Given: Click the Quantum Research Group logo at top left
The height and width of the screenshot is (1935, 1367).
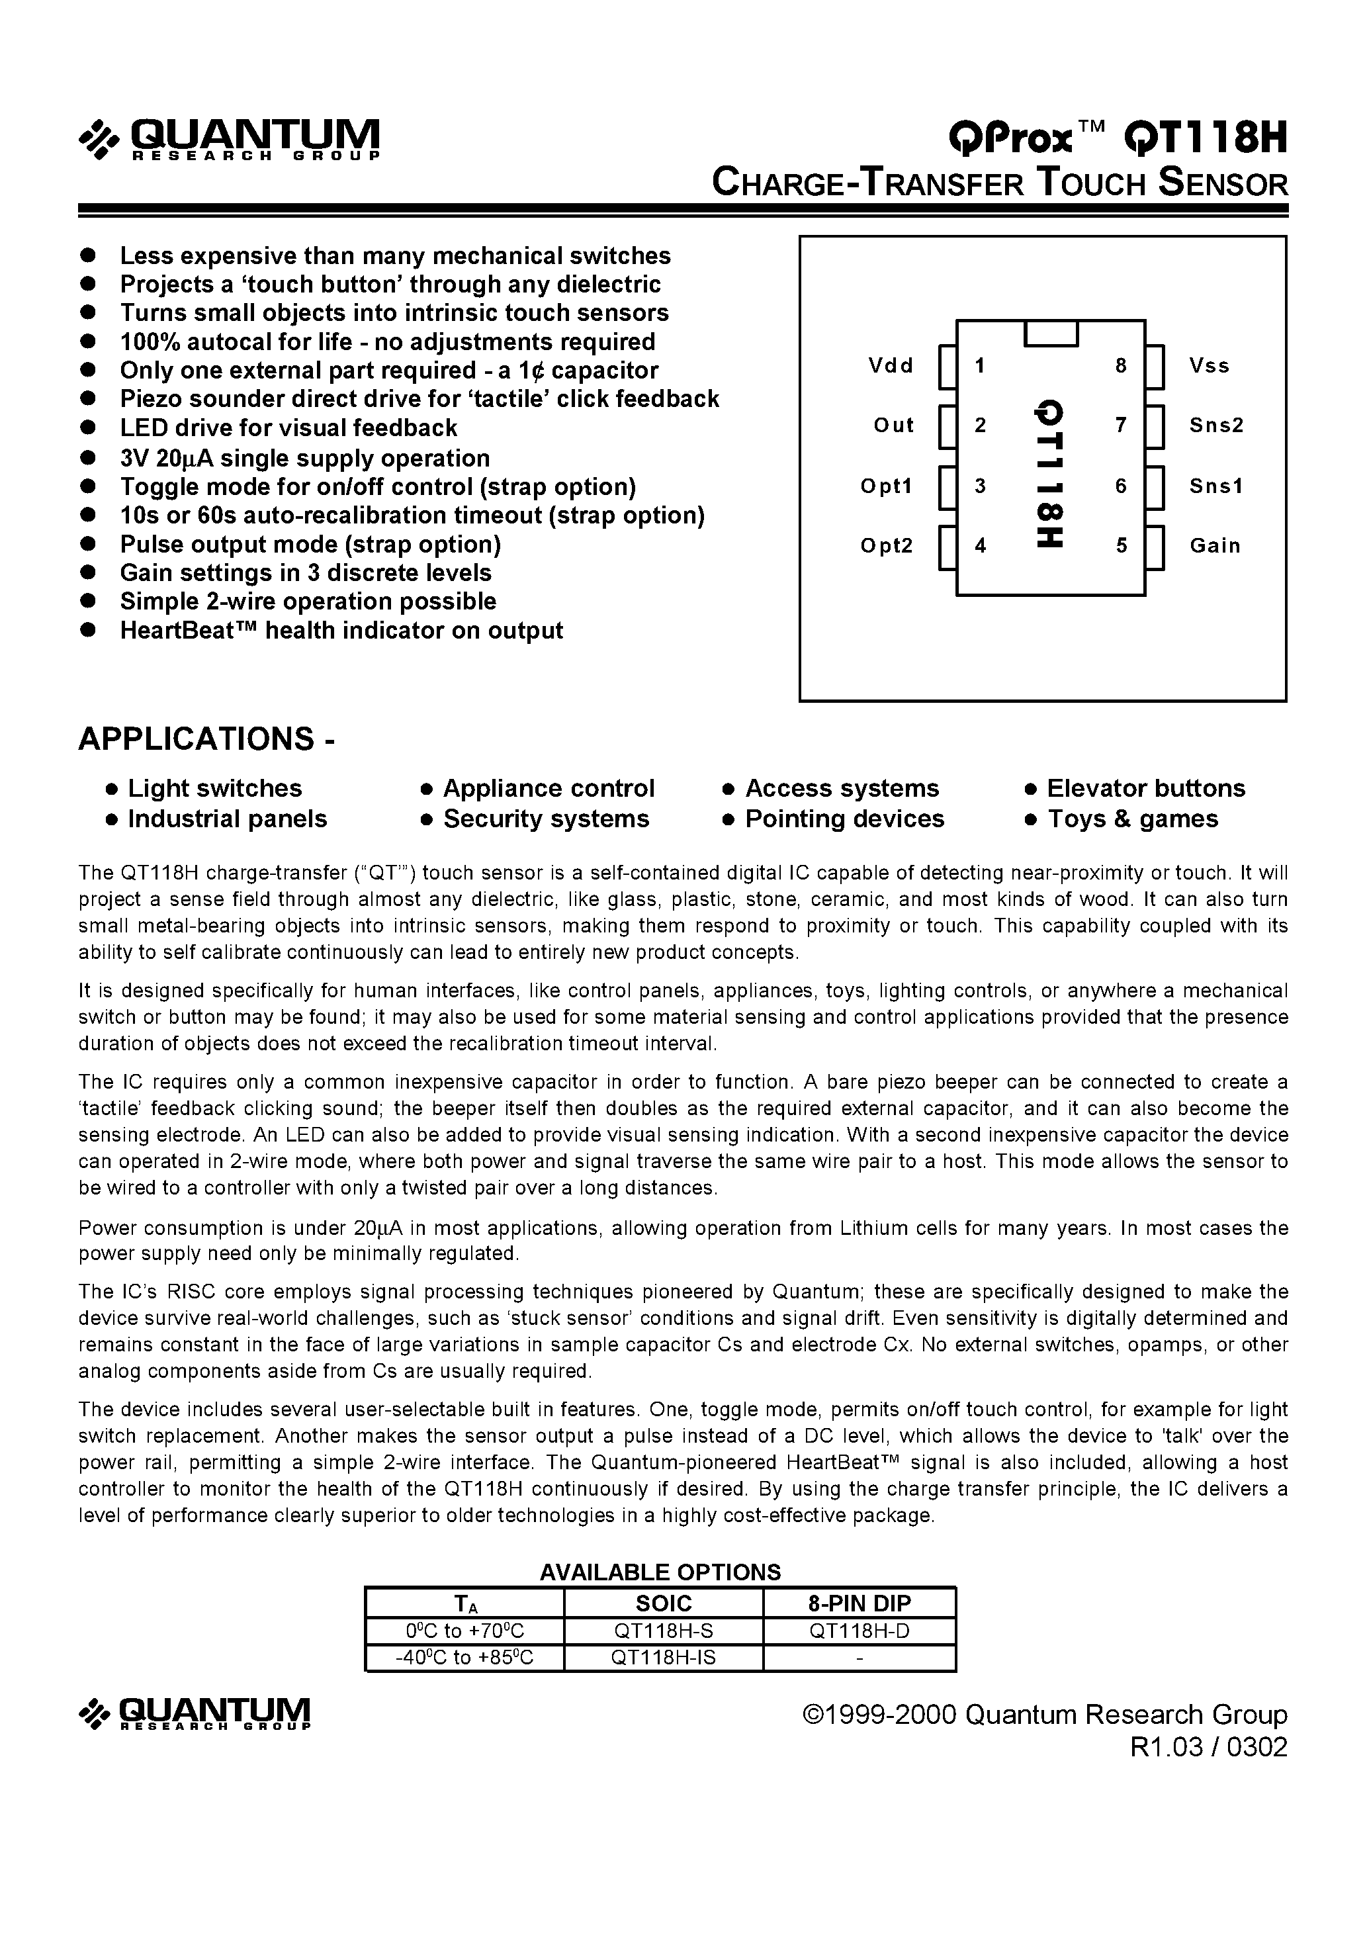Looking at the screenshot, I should (229, 139).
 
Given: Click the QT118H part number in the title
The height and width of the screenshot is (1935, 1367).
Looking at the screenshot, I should (1206, 138).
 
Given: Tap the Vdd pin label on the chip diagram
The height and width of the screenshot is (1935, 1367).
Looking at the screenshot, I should (891, 366).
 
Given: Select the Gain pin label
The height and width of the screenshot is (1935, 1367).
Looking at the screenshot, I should (1214, 546).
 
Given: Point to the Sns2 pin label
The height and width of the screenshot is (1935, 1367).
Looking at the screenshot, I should (1216, 426).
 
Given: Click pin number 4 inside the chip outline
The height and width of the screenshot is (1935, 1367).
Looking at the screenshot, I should (980, 546).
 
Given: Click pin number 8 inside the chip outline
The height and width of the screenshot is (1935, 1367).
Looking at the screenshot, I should (1121, 366).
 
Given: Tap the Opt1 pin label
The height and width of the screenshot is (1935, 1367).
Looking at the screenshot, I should (886, 486).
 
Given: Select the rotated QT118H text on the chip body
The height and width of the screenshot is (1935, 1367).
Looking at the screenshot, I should (1051, 474).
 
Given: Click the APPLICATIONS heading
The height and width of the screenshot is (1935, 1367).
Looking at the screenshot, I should (206, 739).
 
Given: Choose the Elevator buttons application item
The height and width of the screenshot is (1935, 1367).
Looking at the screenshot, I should (1145, 788).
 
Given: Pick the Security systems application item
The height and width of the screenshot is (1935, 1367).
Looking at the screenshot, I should (546, 819).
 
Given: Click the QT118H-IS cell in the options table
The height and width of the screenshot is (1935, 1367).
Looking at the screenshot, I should (663, 1658).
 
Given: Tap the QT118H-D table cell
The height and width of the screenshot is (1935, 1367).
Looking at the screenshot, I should (860, 1631).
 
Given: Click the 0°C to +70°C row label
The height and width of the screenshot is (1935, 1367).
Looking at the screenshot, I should (464, 1631).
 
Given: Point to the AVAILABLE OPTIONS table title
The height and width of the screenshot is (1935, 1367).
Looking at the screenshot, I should (660, 1572).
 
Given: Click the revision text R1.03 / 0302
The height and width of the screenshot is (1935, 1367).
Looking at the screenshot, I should (1209, 1747).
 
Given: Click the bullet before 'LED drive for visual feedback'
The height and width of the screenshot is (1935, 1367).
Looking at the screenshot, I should (87, 428).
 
